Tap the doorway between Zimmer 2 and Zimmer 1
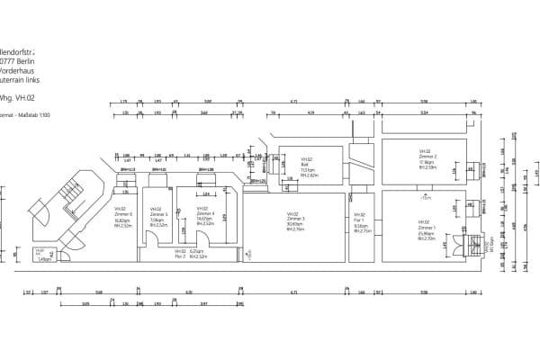425,188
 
